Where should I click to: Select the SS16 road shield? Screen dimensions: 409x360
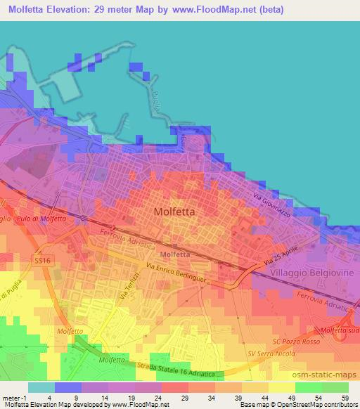point(43,261)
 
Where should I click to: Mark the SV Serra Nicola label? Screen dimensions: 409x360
point(271,353)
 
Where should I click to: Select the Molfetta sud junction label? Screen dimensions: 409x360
point(340,330)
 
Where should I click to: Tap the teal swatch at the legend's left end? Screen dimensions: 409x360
point(41,387)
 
